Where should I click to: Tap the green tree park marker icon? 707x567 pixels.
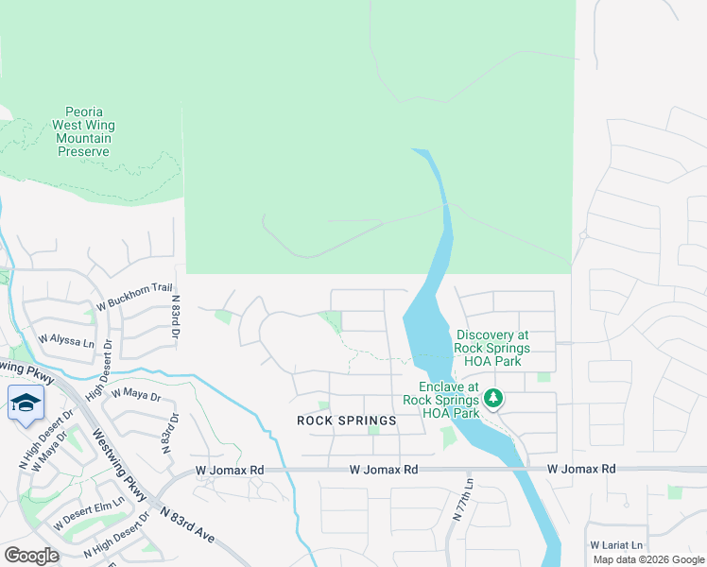click(x=492, y=400)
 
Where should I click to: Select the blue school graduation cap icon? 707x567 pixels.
click(x=26, y=403)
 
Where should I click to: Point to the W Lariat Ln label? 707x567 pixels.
click(x=616, y=545)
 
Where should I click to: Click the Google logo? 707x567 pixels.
click(x=31, y=556)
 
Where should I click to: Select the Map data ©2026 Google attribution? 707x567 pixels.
click(x=647, y=559)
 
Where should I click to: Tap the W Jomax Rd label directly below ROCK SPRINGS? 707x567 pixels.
click(x=383, y=469)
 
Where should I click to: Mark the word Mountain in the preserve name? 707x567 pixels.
click(x=84, y=138)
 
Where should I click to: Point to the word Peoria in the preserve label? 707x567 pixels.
click(x=84, y=112)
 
